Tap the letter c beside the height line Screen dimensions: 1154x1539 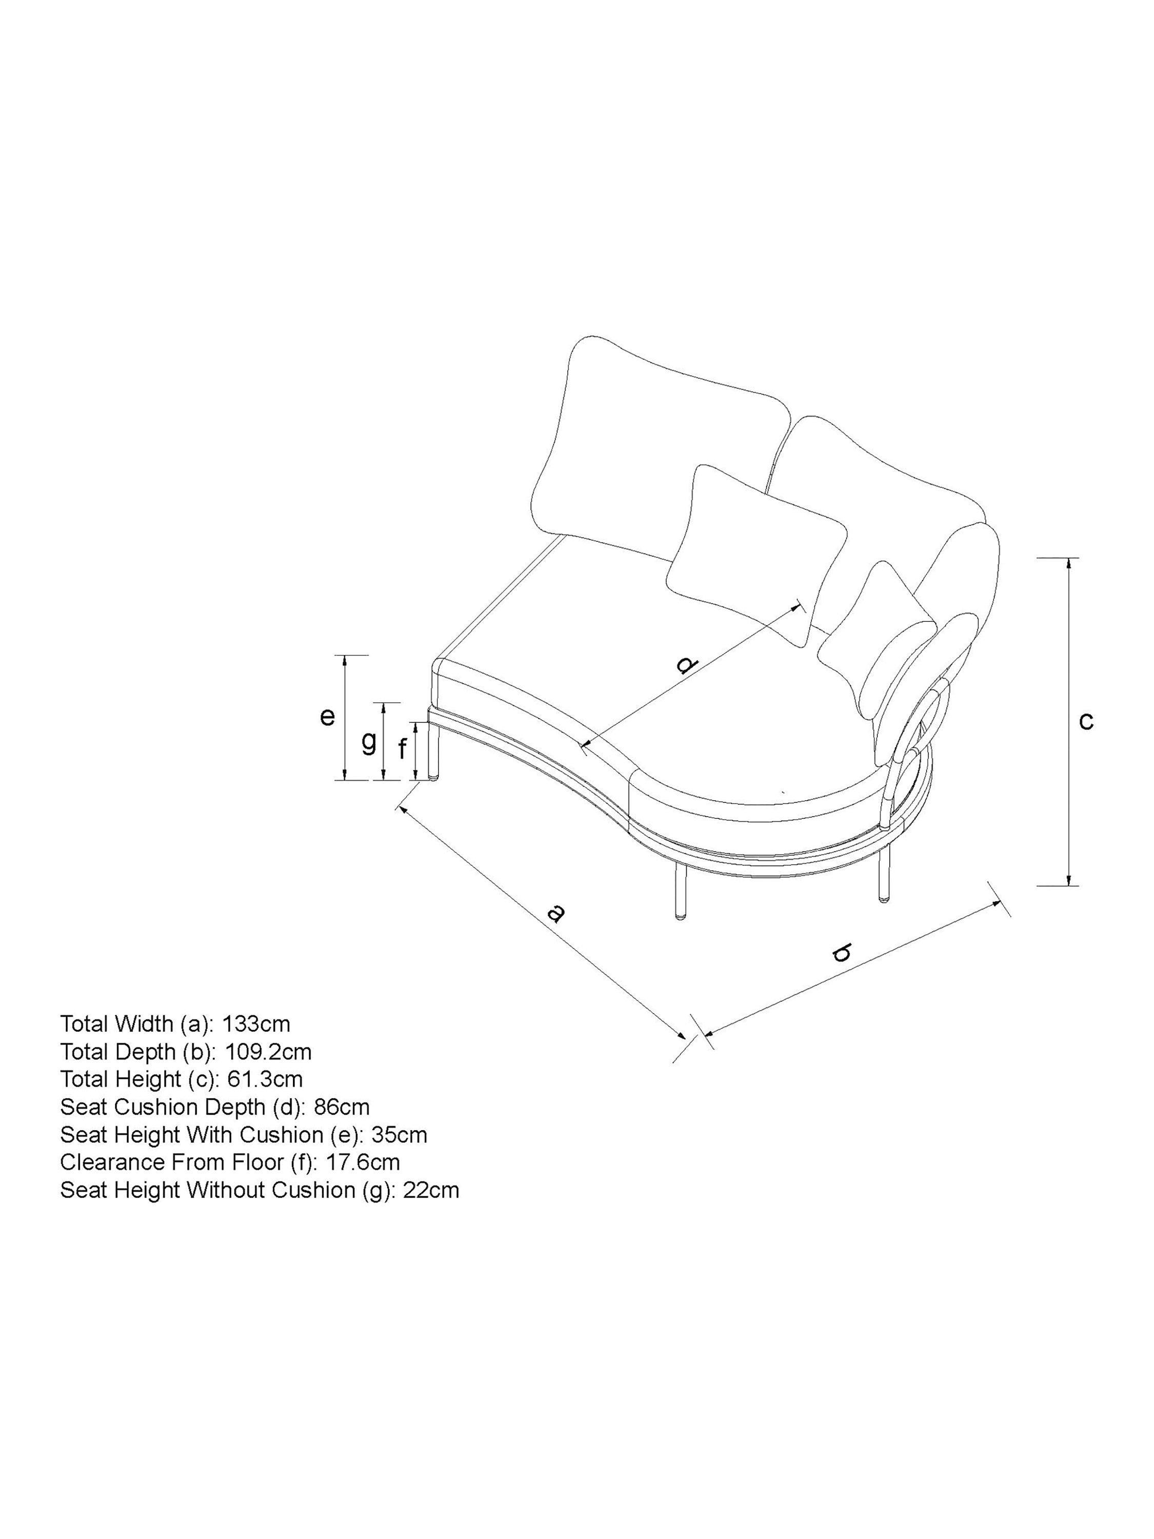[x=1086, y=721]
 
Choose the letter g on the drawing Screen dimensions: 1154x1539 [x=369, y=742]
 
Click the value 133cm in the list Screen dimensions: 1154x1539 [x=256, y=1023]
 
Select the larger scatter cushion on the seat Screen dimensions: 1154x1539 [x=755, y=549]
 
